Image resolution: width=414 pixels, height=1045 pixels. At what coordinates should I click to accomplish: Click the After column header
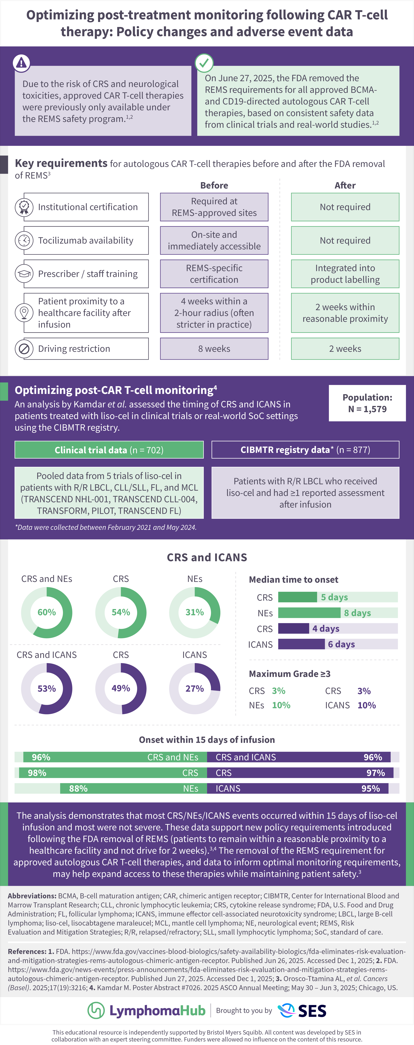(x=345, y=185)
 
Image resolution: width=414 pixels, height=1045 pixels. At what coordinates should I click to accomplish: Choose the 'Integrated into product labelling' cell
(x=345, y=274)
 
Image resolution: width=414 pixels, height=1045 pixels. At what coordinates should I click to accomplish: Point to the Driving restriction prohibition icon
(x=24, y=349)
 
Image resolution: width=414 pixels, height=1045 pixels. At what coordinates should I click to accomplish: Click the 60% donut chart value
(x=47, y=612)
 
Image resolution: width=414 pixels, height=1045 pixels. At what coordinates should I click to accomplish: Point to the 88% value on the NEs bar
(x=78, y=789)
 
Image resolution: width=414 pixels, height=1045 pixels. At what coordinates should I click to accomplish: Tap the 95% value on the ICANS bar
(x=371, y=789)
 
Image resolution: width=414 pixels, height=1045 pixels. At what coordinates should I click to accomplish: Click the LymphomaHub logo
(x=147, y=1010)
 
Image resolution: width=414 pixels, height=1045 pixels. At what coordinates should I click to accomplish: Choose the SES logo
(x=302, y=1010)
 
